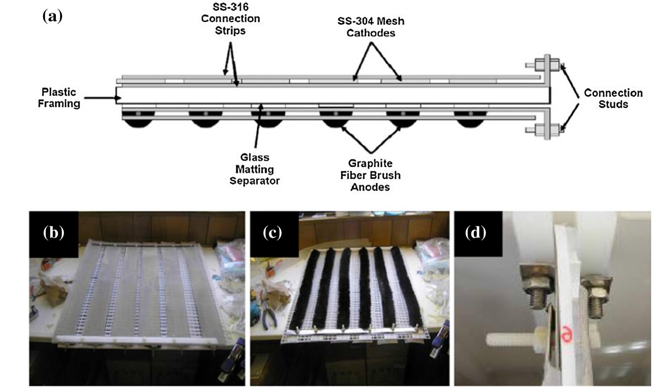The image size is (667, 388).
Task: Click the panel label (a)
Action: [x=52, y=16]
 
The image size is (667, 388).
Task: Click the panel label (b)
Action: [x=53, y=233]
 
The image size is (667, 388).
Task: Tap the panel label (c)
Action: [x=273, y=233]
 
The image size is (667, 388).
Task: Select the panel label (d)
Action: [x=476, y=233]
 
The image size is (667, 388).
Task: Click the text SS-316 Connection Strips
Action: [x=230, y=19]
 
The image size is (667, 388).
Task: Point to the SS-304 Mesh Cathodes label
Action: [x=371, y=27]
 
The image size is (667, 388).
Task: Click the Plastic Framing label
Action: [x=59, y=98]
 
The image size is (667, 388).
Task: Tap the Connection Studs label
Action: [x=613, y=99]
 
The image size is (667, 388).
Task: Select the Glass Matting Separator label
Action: [x=255, y=169]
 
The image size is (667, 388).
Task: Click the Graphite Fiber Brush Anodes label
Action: [x=370, y=175]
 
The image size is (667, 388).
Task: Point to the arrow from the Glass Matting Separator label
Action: [x=258, y=126]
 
